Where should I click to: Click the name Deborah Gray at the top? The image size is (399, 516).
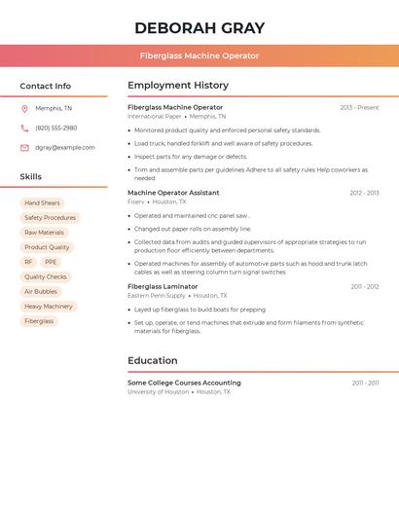[199, 27]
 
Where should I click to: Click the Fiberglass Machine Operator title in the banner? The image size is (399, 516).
[199, 55]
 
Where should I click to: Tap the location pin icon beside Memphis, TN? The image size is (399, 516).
[24, 108]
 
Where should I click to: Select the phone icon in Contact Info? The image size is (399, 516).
[24, 128]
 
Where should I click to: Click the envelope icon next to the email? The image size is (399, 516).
[24, 148]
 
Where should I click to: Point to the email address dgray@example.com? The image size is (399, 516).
[65, 148]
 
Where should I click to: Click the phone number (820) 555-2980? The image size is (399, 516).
[56, 128]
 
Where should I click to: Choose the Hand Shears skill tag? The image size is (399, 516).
[42, 203]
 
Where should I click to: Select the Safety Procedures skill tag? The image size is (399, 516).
[50, 218]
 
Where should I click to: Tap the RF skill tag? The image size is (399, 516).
[28, 262]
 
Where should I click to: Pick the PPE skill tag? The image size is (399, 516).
[51, 262]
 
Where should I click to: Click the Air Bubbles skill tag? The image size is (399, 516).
[41, 291]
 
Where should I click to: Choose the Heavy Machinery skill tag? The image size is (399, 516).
[49, 306]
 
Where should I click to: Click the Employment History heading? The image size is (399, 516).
[178, 86]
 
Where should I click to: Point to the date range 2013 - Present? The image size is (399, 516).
[359, 107]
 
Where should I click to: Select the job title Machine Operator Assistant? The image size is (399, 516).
[173, 193]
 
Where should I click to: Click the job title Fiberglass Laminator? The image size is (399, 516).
[163, 286]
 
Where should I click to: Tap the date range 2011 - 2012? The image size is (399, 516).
[365, 286]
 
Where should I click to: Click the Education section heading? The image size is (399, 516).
[153, 360]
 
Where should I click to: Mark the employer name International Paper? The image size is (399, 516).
[155, 116]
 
